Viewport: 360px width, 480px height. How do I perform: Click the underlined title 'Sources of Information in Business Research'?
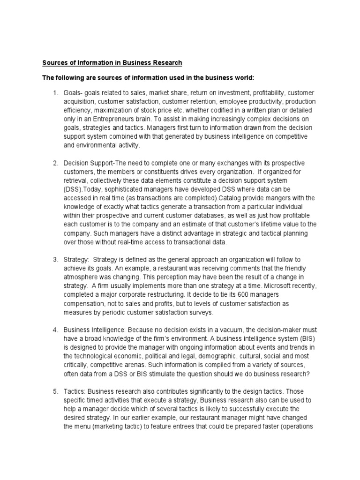point(112,62)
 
